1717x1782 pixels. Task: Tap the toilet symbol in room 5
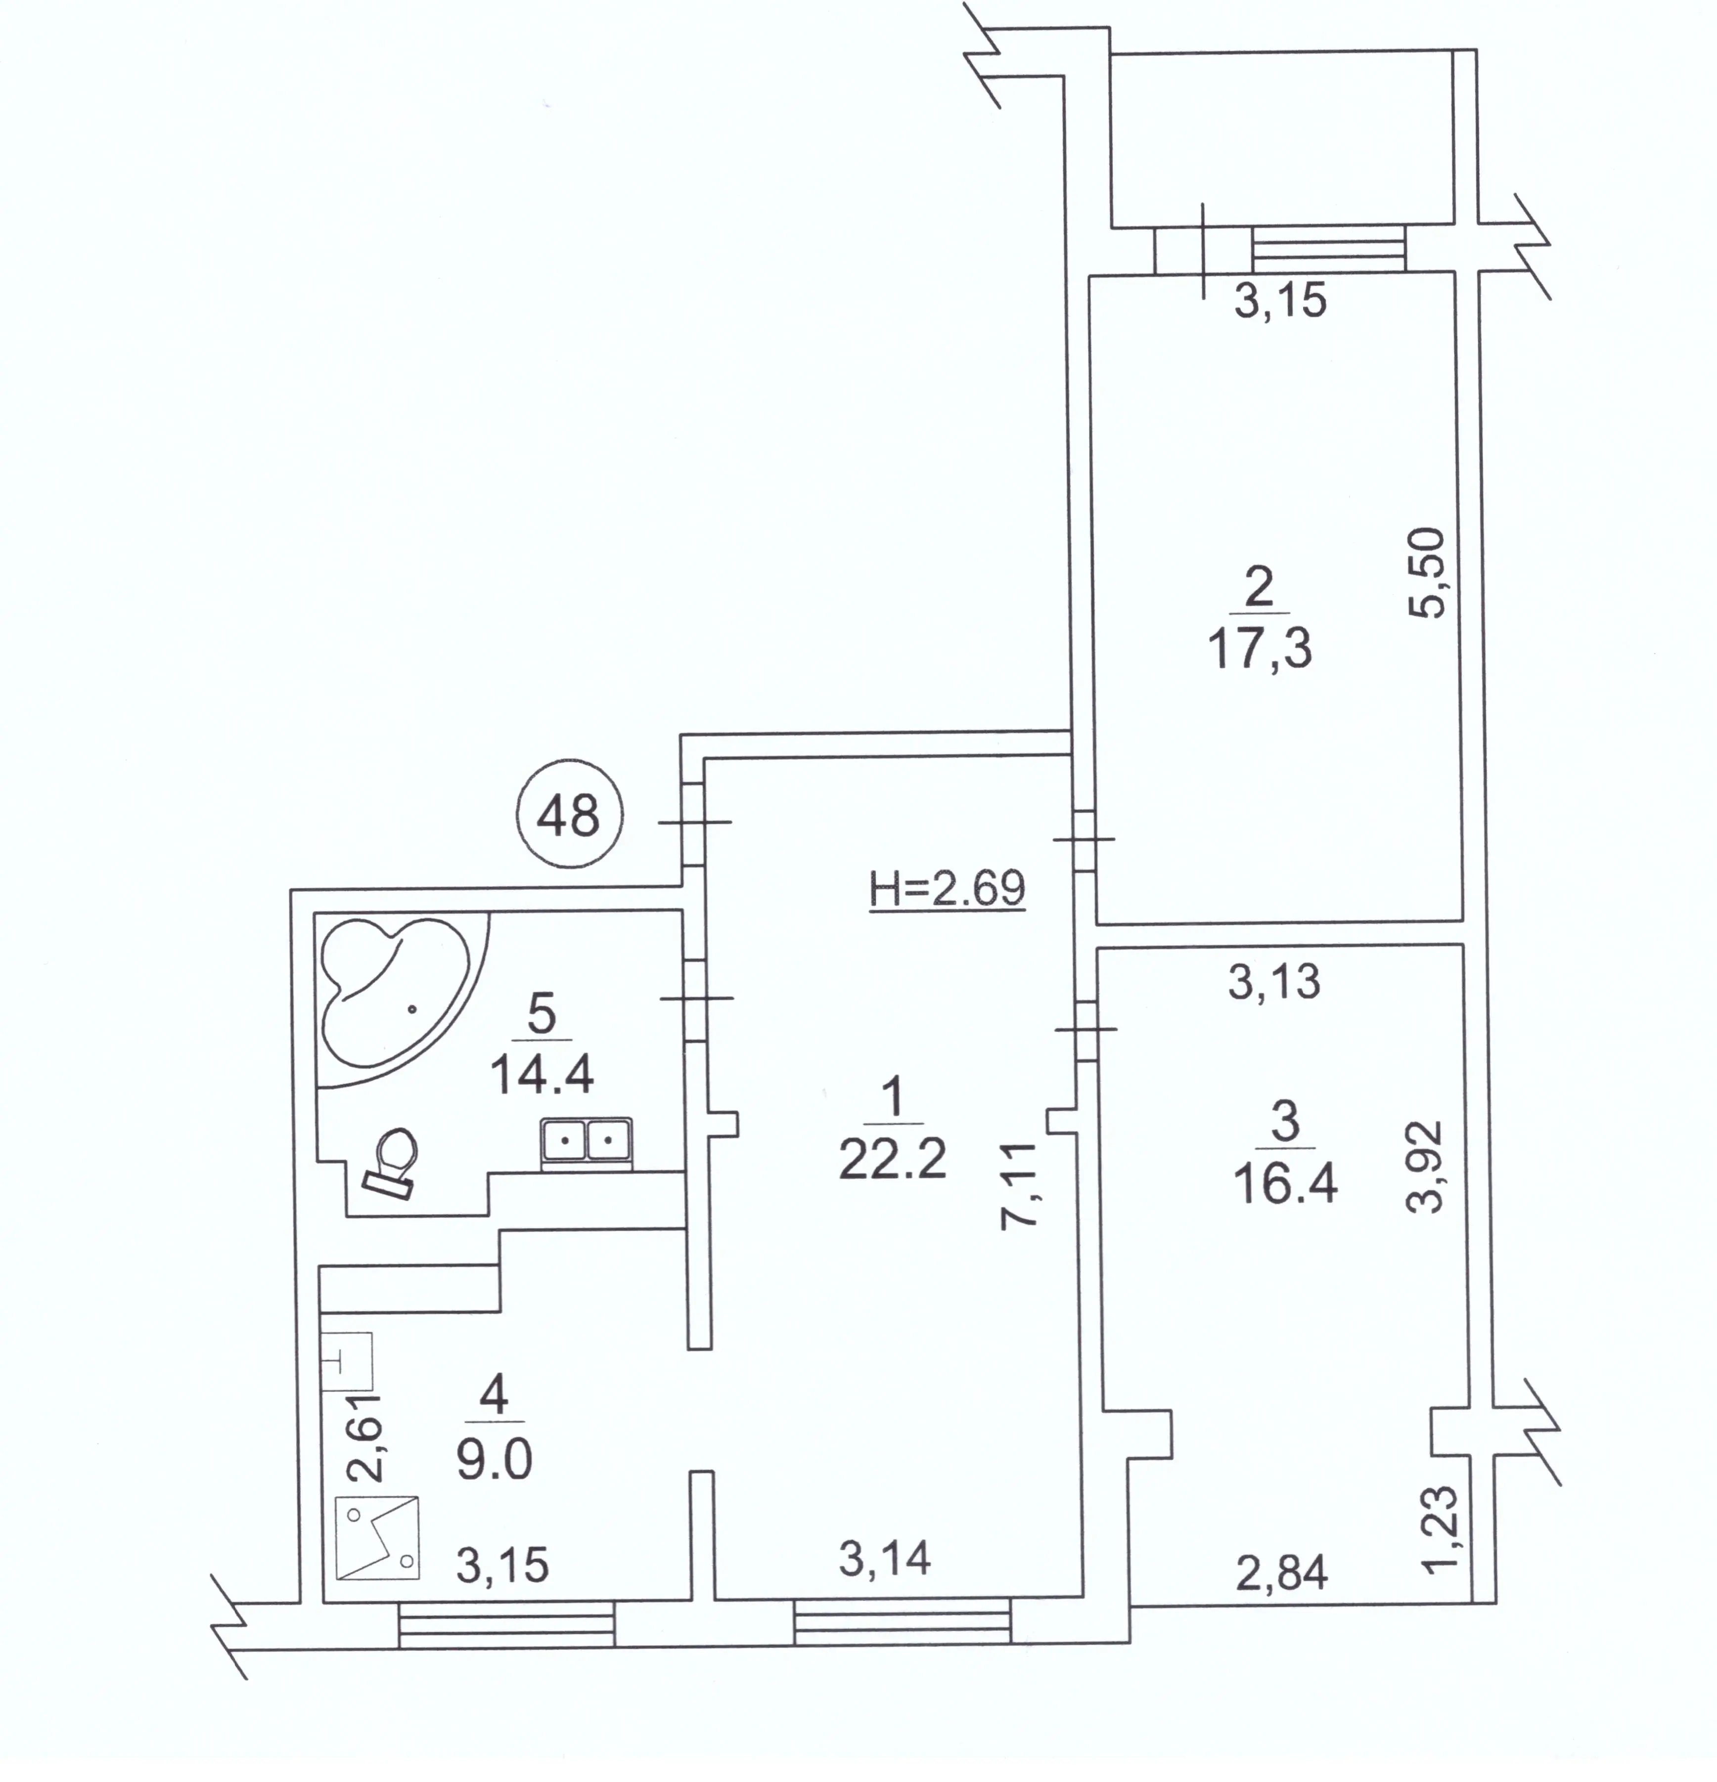coord(393,1162)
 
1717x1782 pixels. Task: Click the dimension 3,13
coord(1273,982)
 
